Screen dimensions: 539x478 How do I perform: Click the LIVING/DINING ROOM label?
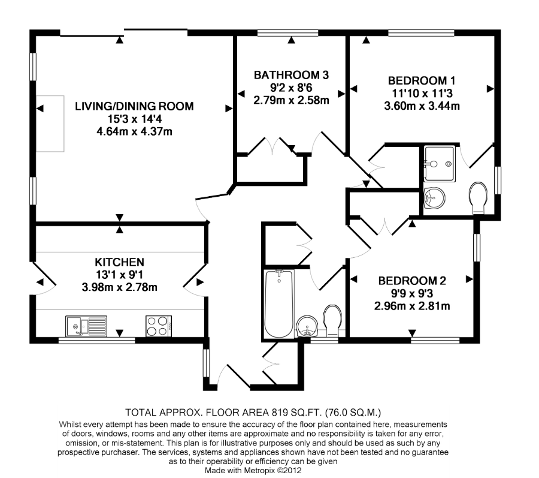click(x=134, y=106)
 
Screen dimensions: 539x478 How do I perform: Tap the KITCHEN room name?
click(x=119, y=262)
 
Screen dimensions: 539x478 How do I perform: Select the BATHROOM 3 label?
click(x=291, y=75)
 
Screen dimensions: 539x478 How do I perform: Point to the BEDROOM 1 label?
click(x=422, y=80)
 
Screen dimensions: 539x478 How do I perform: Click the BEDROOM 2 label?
click(x=412, y=281)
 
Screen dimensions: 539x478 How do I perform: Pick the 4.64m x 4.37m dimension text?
click(x=134, y=131)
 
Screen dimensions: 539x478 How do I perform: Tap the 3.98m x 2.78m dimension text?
click(x=120, y=287)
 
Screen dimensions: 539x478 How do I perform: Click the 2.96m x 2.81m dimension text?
click(x=412, y=306)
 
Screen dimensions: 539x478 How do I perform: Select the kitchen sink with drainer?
click(x=86, y=326)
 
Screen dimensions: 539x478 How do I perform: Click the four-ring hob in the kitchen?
click(x=159, y=326)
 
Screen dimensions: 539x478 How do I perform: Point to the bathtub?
click(x=278, y=304)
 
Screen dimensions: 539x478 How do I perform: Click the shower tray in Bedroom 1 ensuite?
click(x=440, y=164)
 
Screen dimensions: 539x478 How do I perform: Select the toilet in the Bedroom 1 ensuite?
click(x=478, y=197)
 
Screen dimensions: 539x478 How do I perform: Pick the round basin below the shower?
click(x=435, y=199)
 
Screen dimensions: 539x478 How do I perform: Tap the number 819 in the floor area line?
click(x=280, y=412)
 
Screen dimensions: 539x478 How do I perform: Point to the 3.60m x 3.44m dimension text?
click(x=422, y=106)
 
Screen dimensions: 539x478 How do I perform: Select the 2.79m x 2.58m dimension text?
click(x=291, y=100)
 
